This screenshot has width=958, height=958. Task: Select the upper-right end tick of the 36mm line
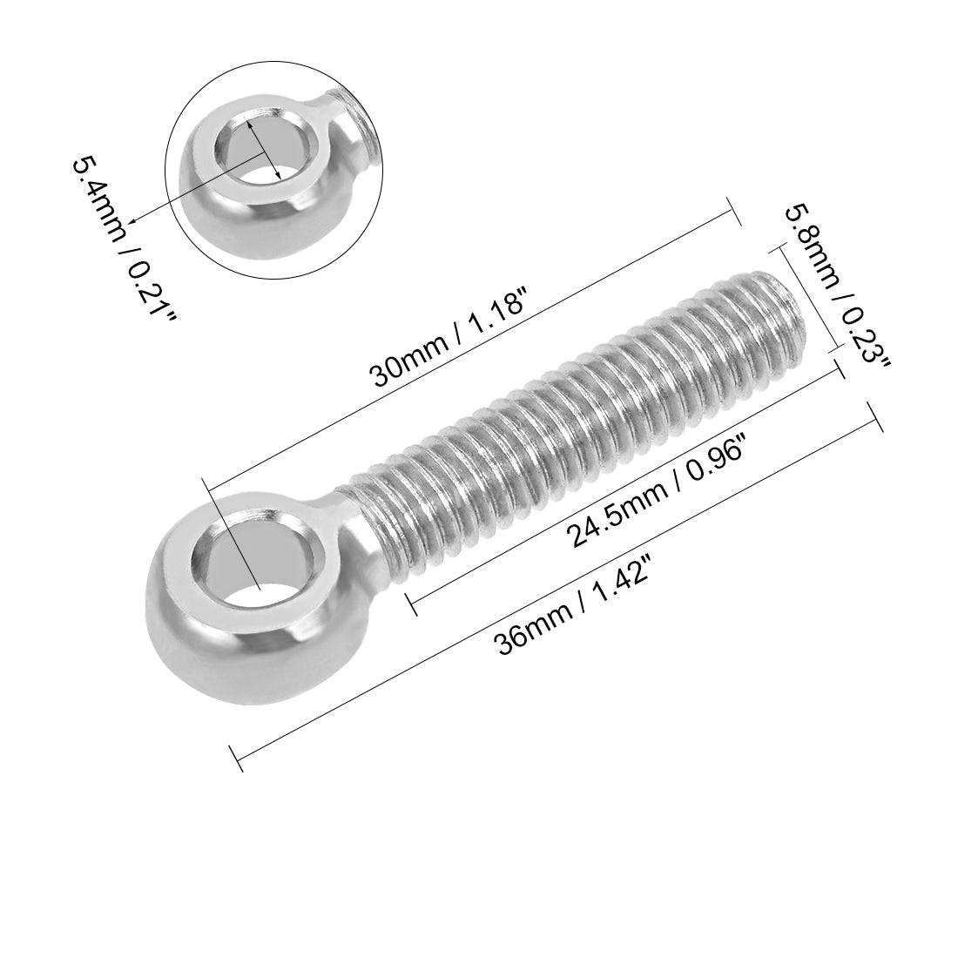click(876, 416)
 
